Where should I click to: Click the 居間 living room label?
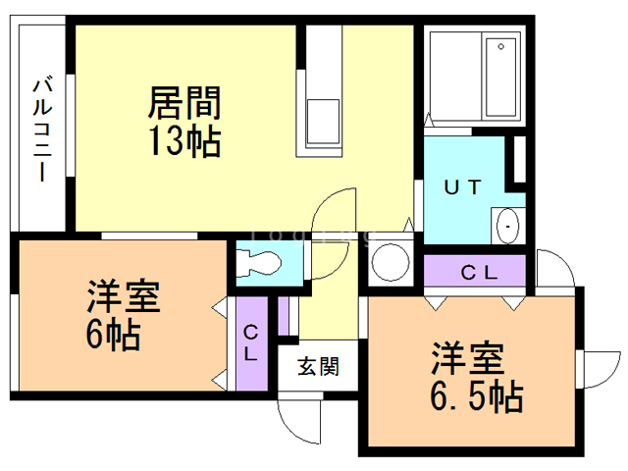(x=183, y=102)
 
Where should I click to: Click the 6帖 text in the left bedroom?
(x=112, y=334)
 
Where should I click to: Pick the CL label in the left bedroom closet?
(x=251, y=343)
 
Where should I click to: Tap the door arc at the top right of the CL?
(x=549, y=266)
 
